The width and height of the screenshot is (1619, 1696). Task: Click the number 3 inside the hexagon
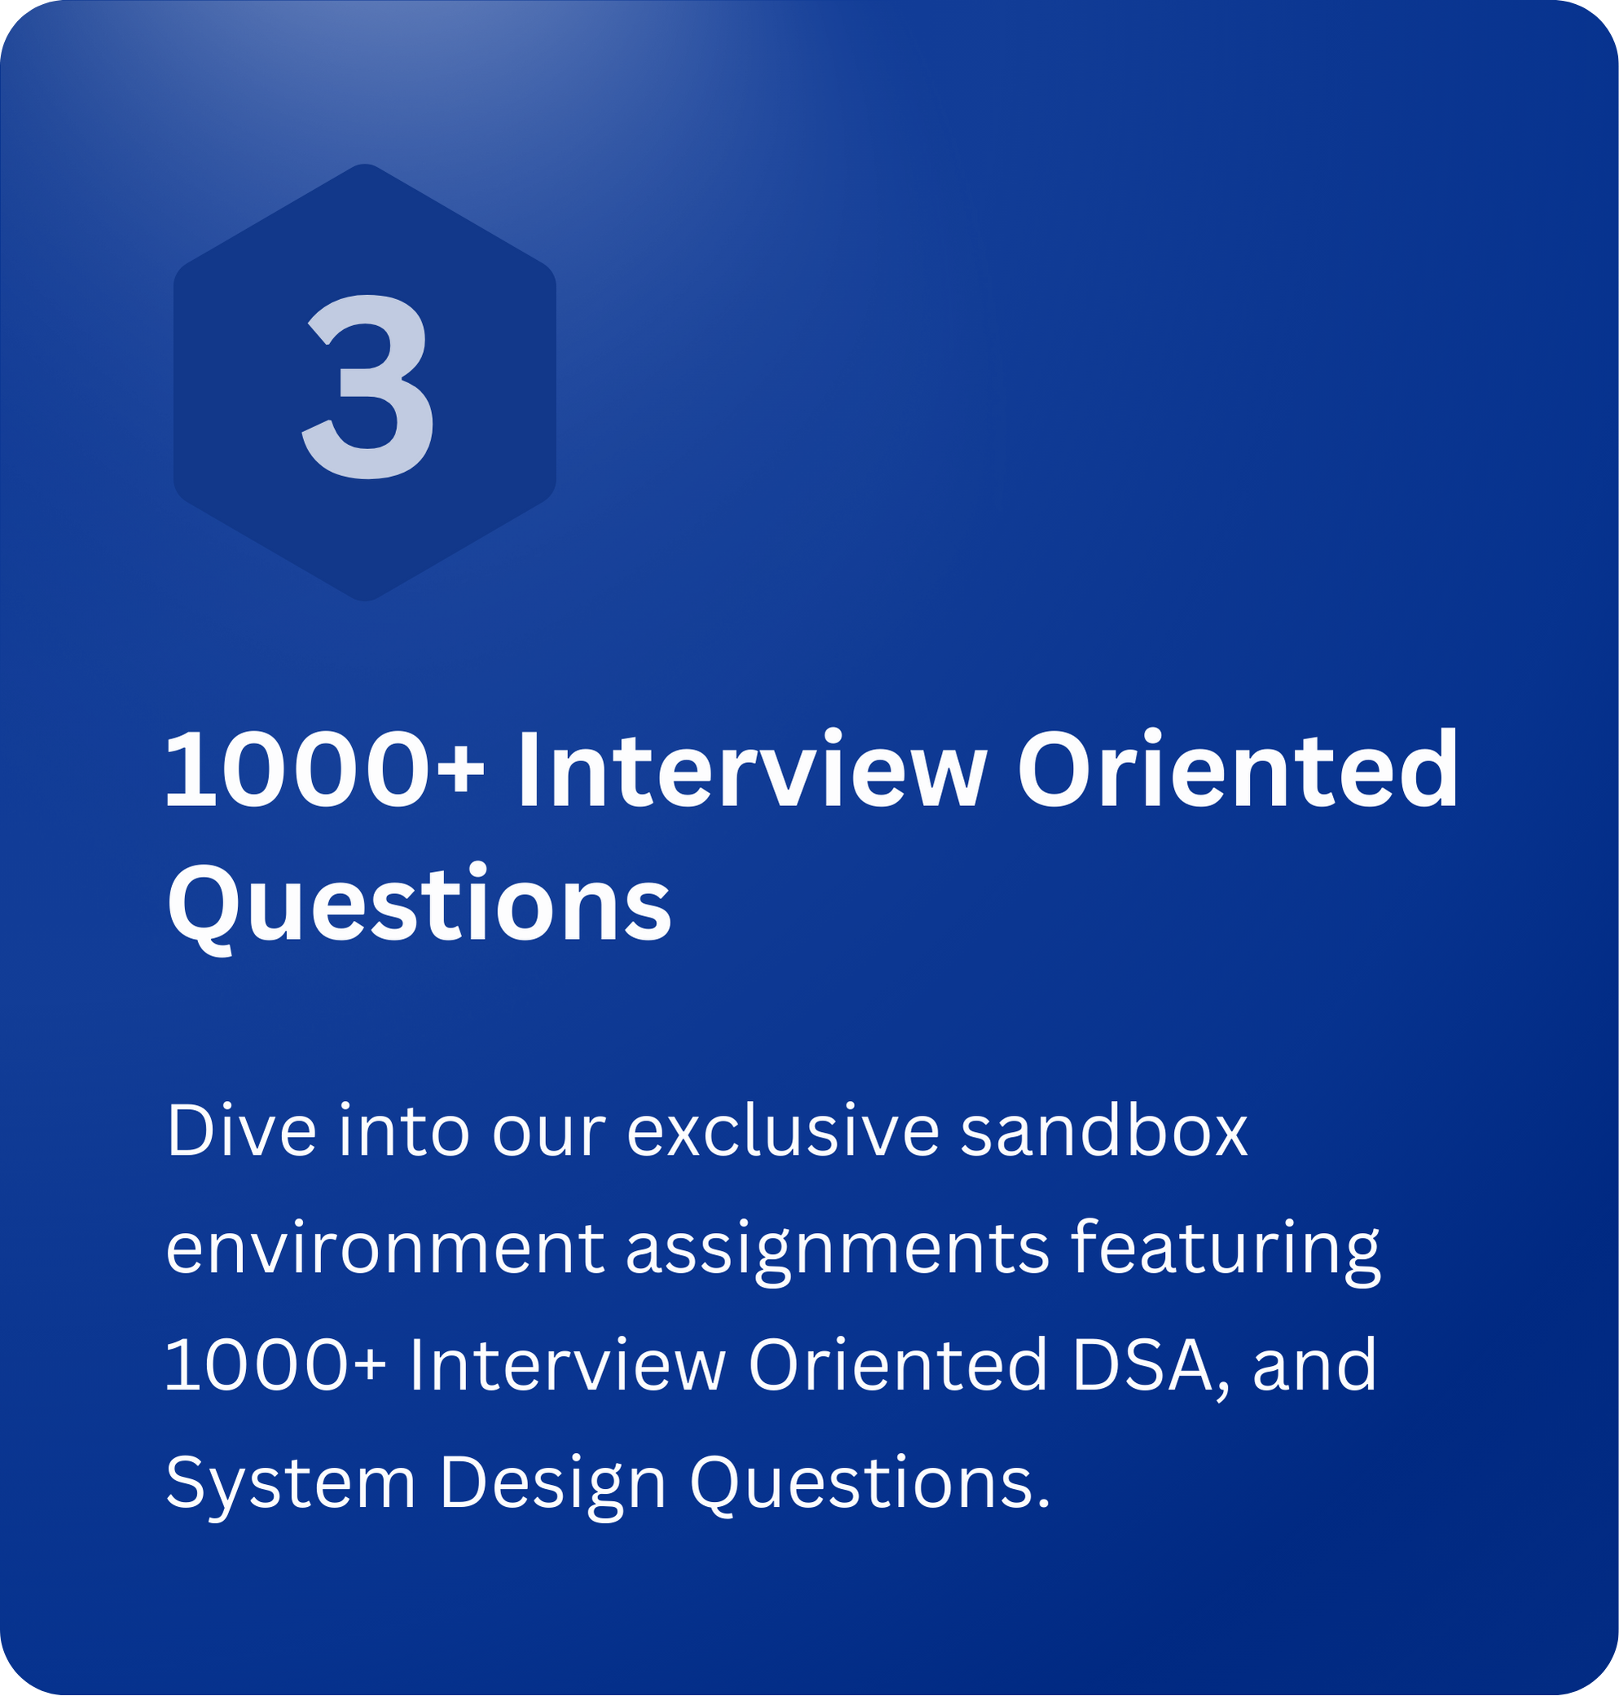point(367,385)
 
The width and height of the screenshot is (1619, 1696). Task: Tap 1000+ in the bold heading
point(325,769)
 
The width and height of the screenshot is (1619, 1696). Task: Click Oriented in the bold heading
point(1238,769)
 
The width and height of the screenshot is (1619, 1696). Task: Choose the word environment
point(385,1248)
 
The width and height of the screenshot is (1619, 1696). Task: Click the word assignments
point(837,1253)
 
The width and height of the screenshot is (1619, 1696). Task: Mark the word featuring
point(1225,1253)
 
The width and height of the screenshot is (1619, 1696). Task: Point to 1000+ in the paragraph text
point(275,1364)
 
